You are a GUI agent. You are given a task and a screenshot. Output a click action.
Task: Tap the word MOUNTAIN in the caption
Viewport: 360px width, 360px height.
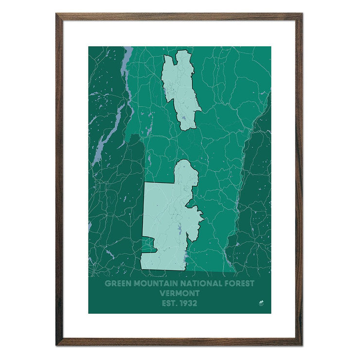click(x=153, y=284)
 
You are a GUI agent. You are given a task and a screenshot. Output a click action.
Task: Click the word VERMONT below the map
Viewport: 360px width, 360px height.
click(x=180, y=293)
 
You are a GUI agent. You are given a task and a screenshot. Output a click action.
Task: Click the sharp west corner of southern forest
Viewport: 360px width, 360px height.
click(x=144, y=183)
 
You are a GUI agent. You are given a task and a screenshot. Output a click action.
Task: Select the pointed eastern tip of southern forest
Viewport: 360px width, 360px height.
click(x=203, y=214)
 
